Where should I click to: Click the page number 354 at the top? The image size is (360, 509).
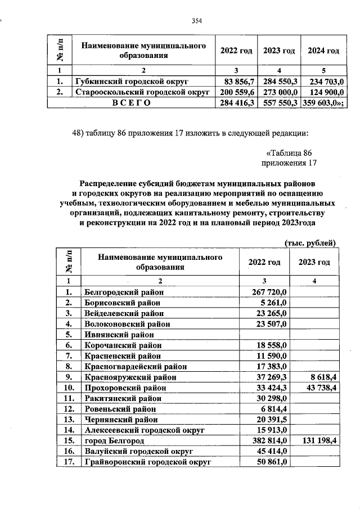[x=196, y=21]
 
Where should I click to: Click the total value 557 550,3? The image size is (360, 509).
[x=279, y=102]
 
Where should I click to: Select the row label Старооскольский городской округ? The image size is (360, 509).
[x=142, y=91]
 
